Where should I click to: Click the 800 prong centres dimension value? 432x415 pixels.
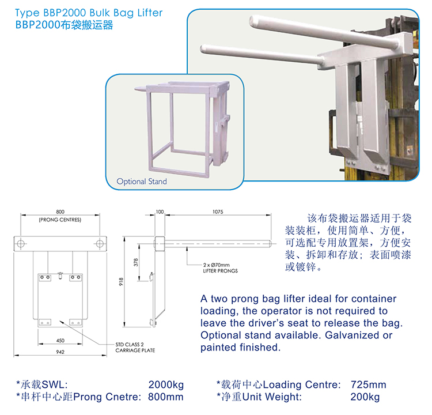click(x=60, y=212)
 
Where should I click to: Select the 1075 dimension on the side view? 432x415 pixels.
click(x=217, y=212)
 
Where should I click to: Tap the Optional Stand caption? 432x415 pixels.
click(x=142, y=182)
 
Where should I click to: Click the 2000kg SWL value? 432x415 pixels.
click(x=166, y=384)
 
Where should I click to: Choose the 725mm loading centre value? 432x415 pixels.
click(x=368, y=384)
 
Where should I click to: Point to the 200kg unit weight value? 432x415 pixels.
click(x=365, y=397)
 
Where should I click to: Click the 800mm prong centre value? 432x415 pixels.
click(x=166, y=397)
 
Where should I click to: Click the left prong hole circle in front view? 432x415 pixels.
click(x=20, y=241)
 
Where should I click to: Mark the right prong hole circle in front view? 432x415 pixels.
click(x=101, y=241)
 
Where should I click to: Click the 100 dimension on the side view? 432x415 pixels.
click(x=160, y=212)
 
